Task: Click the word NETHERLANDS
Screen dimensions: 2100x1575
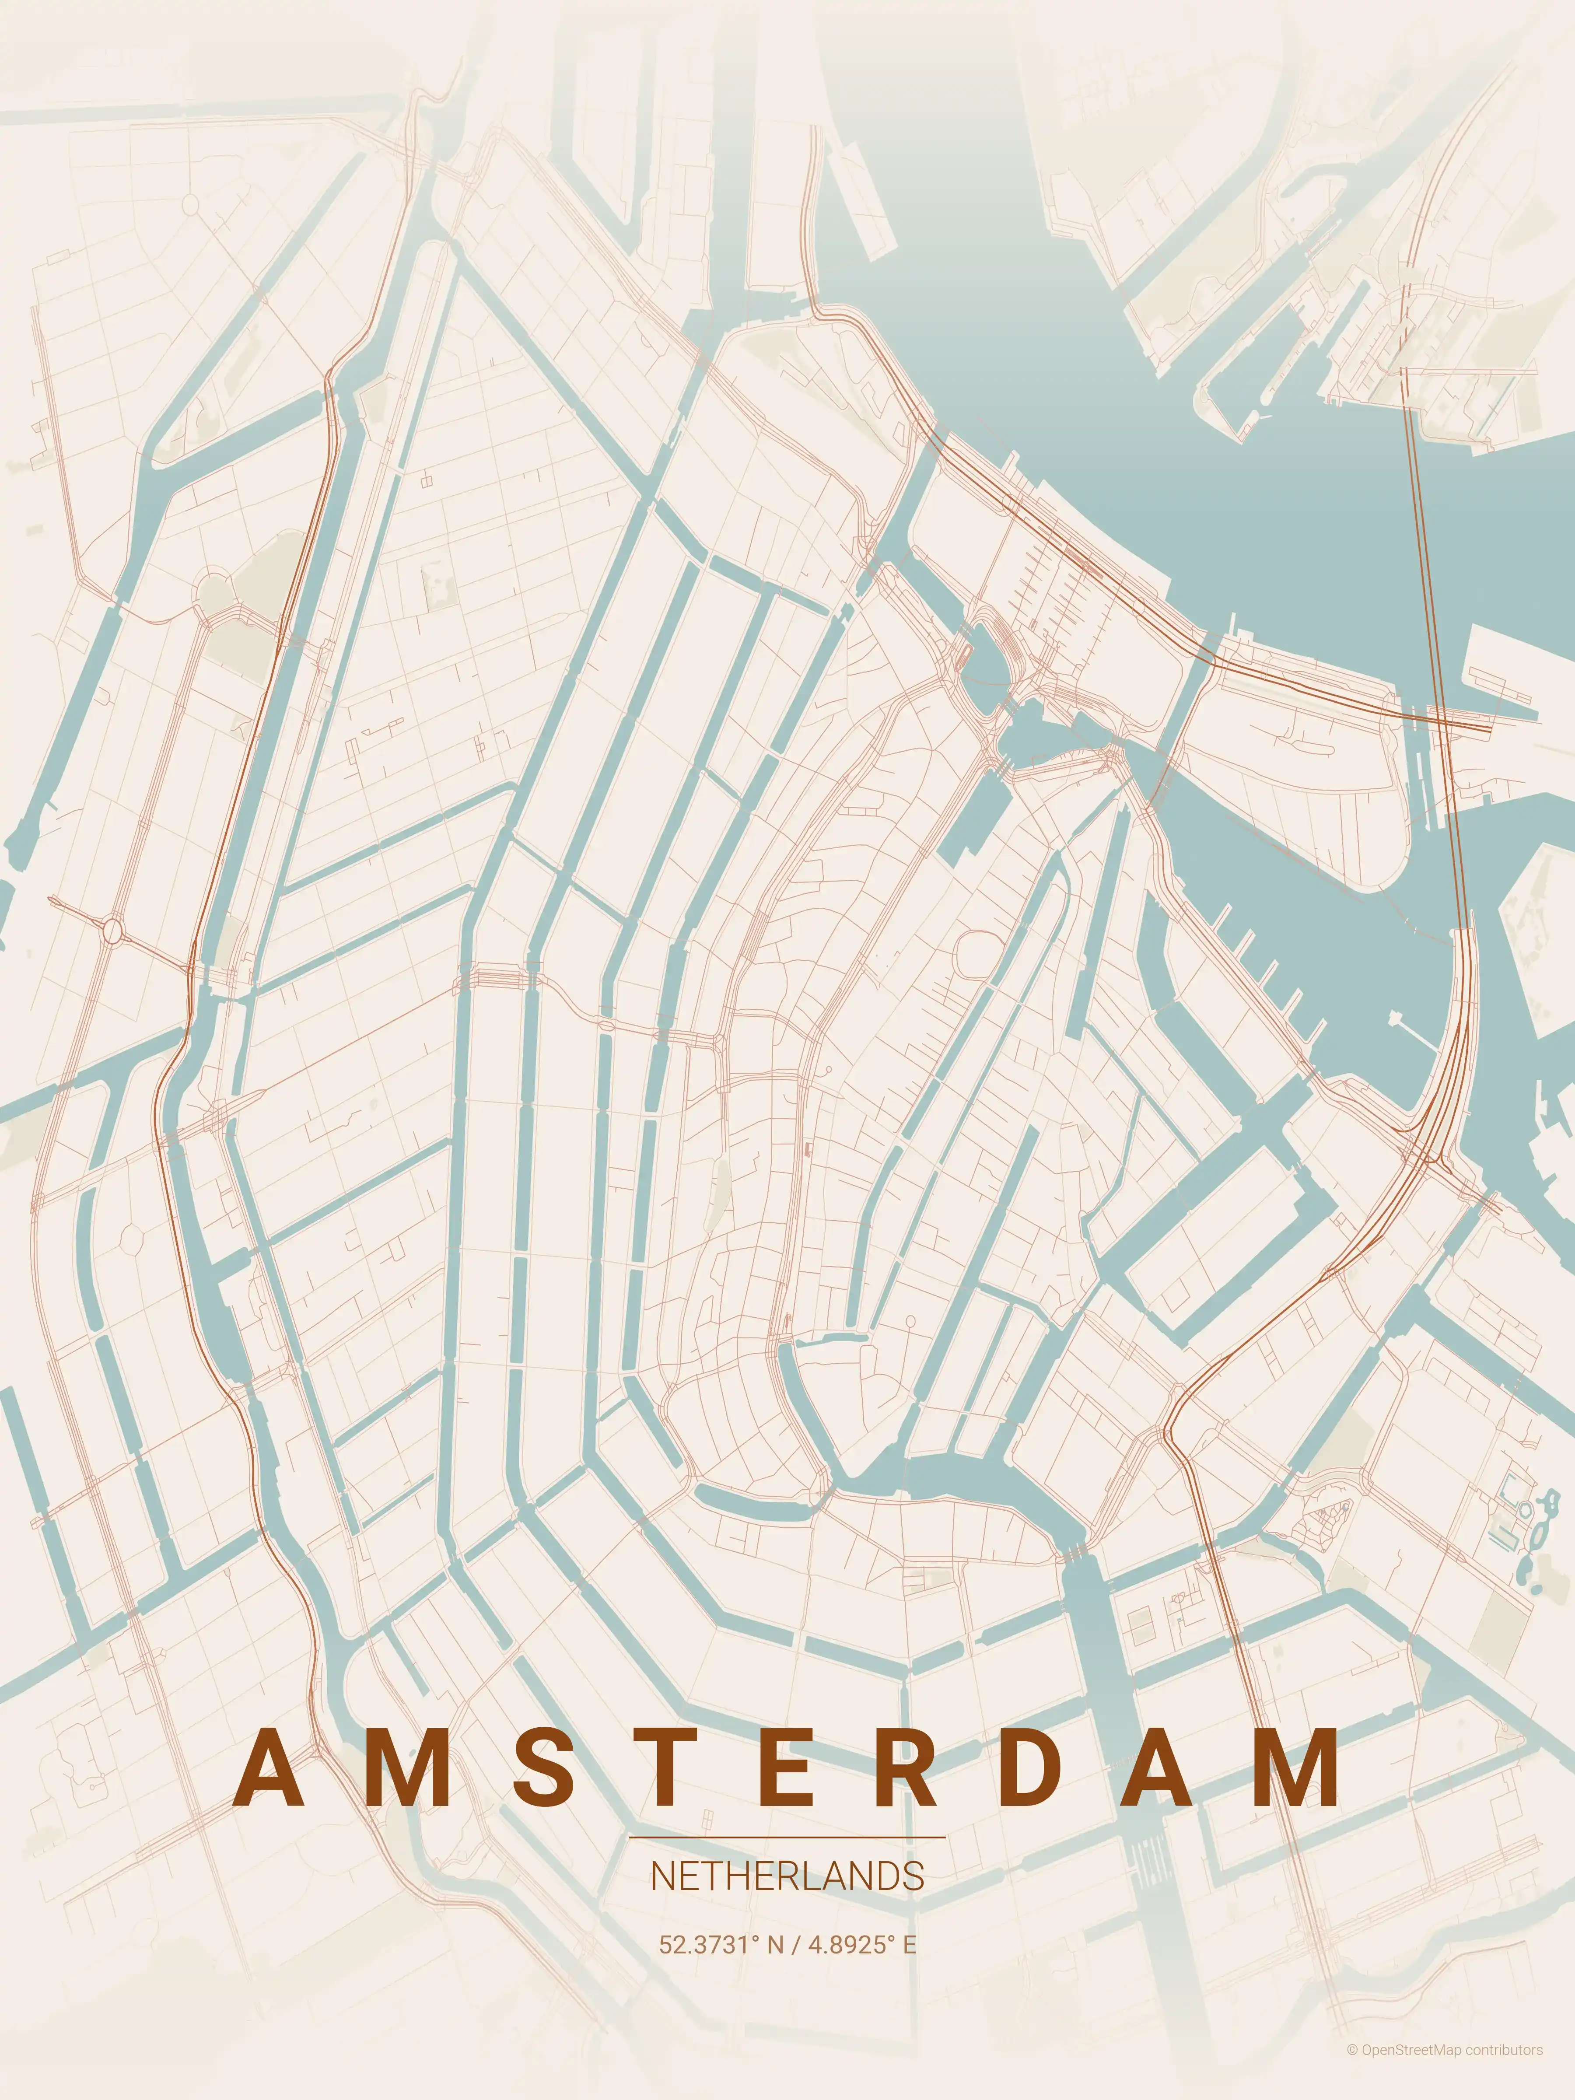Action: coord(787,1877)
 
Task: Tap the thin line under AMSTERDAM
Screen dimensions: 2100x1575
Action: coord(787,1837)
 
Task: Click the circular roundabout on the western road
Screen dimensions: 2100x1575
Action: coord(114,931)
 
